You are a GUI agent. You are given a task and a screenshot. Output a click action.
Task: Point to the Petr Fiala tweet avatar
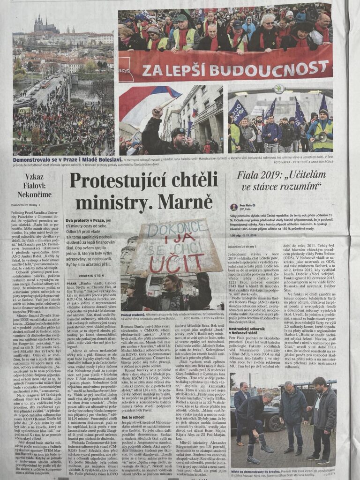(233, 207)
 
